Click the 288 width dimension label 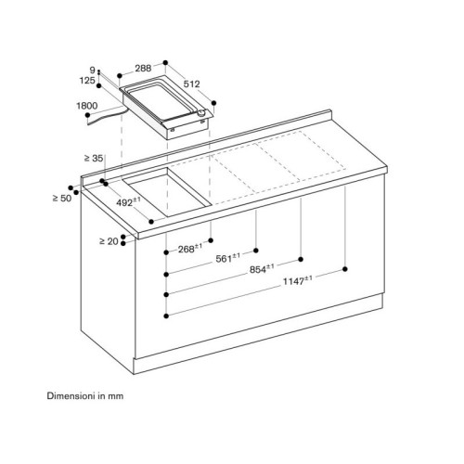[x=143, y=68]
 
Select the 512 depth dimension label [x=192, y=84]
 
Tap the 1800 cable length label [x=87, y=106]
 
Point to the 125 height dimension [x=87, y=81]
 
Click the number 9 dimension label [x=92, y=71]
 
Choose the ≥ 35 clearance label [x=94, y=158]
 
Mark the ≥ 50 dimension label [x=62, y=198]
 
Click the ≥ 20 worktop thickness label [x=109, y=241]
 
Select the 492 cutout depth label [x=128, y=202]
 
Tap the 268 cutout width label [x=190, y=249]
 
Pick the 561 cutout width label [x=227, y=258]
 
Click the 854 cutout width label [x=262, y=269]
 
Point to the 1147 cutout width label [x=298, y=280]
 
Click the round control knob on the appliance [x=201, y=113]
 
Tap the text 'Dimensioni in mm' [x=85, y=396]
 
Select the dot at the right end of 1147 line [x=345, y=269]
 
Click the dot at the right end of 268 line [x=211, y=240]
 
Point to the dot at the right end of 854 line [x=301, y=259]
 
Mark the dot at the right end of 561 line [x=256, y=251]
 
